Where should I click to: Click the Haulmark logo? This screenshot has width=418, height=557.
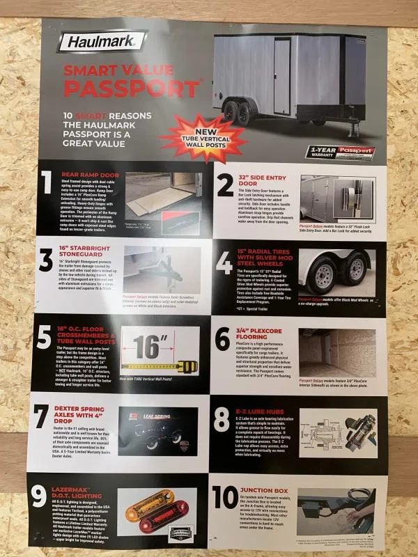coord(101,42)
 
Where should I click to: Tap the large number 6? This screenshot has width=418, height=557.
coord(223,338)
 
